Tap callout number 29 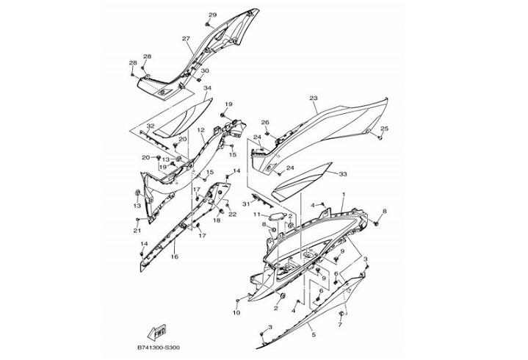[213, 15]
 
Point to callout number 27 [186, 39]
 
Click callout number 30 [205, 71]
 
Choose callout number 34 [207, 88]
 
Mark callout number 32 [150, 126]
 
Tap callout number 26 [265, 123]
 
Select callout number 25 [384, 129]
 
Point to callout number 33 [342, 174]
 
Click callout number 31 [246, 204]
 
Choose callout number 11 [257, 215]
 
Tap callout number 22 [232, 214]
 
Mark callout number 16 [174, 257]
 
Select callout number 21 [137, 231]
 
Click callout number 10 [236, 313]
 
